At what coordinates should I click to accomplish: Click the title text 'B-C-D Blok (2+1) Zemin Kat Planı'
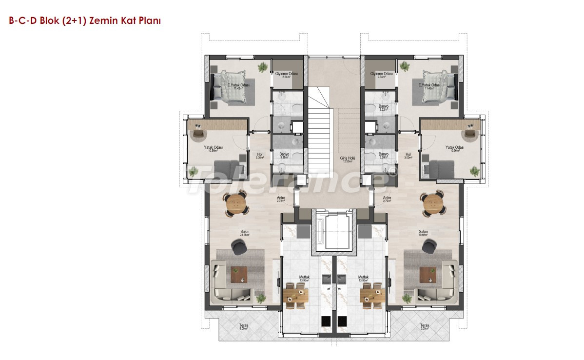[82, 21]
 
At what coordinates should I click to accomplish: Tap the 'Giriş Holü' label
[347, 159]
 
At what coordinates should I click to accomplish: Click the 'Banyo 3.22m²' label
[383, 108]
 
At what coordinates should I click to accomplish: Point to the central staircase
[320, 127]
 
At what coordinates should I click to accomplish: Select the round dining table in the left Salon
[236, 203]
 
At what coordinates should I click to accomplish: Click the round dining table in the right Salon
[432, 203]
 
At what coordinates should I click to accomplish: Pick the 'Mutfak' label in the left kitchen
[304, 278]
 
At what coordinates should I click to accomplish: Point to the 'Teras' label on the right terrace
[425, 325]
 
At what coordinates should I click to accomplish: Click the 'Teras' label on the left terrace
[243, 325]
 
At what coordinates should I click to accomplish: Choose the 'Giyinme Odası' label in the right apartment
[381, 74]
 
